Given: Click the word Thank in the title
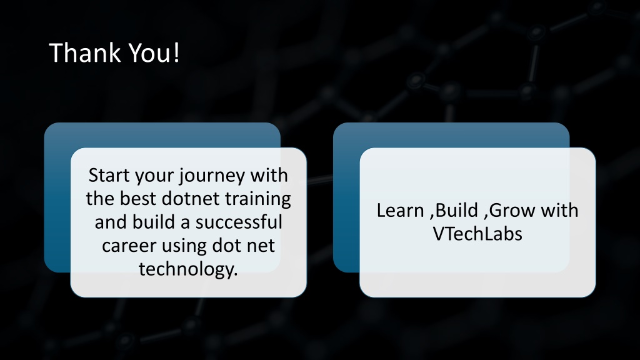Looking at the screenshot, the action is pos(85,52).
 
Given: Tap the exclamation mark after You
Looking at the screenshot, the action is pos(176,52).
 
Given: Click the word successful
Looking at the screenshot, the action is pos(239,222).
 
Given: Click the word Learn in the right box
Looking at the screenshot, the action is pos(400,211).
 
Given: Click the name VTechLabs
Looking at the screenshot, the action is pos(477,234).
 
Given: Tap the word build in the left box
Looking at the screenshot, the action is pos(154,222).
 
